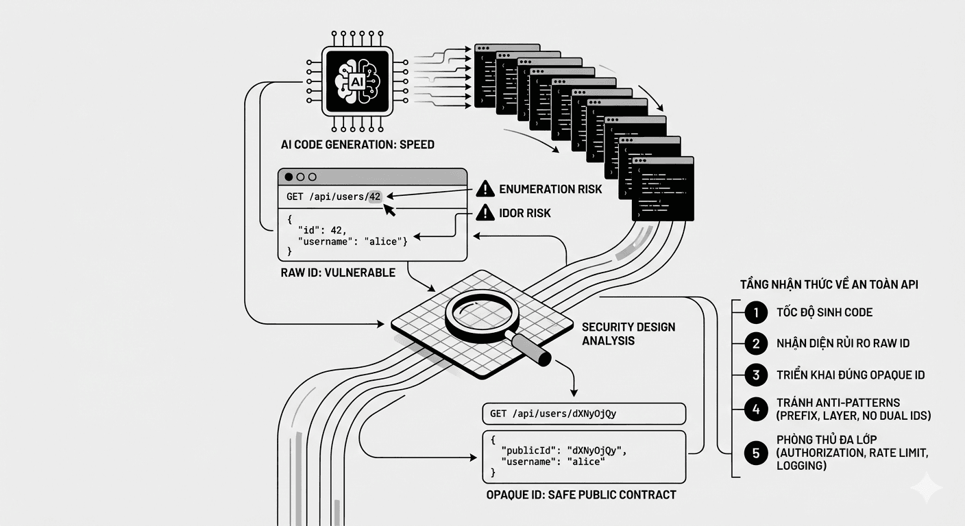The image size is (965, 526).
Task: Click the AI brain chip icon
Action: click(x=356, y=81)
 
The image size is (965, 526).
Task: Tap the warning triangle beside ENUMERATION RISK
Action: click(x=485, y=188)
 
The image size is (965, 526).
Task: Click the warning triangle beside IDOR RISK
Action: click(x=485, y=213)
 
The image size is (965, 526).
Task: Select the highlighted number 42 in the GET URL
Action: click(x=374, y=197)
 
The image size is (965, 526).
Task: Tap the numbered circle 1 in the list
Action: click(x=755, y=312)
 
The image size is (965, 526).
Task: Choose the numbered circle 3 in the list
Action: click(x=755, y=375)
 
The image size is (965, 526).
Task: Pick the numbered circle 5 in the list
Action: click(x=755, y=452)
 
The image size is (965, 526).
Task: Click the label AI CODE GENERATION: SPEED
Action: click(x=357, y=145)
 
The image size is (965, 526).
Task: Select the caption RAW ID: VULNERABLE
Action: click(x=338, y=273)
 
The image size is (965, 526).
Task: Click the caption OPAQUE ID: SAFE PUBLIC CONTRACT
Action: click(x=581, y=494)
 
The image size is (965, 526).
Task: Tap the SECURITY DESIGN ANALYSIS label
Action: click(x=628, y=334)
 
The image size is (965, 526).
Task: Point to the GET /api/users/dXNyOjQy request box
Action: click(x=584, y=414)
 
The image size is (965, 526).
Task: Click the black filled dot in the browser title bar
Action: click(x=289, y=177)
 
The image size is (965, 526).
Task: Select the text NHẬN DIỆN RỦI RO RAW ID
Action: click(x=843, y=343)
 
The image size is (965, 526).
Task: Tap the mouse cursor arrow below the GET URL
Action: click(x=391, y=210)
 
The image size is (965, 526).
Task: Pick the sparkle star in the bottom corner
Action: click(x=926, y=488)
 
